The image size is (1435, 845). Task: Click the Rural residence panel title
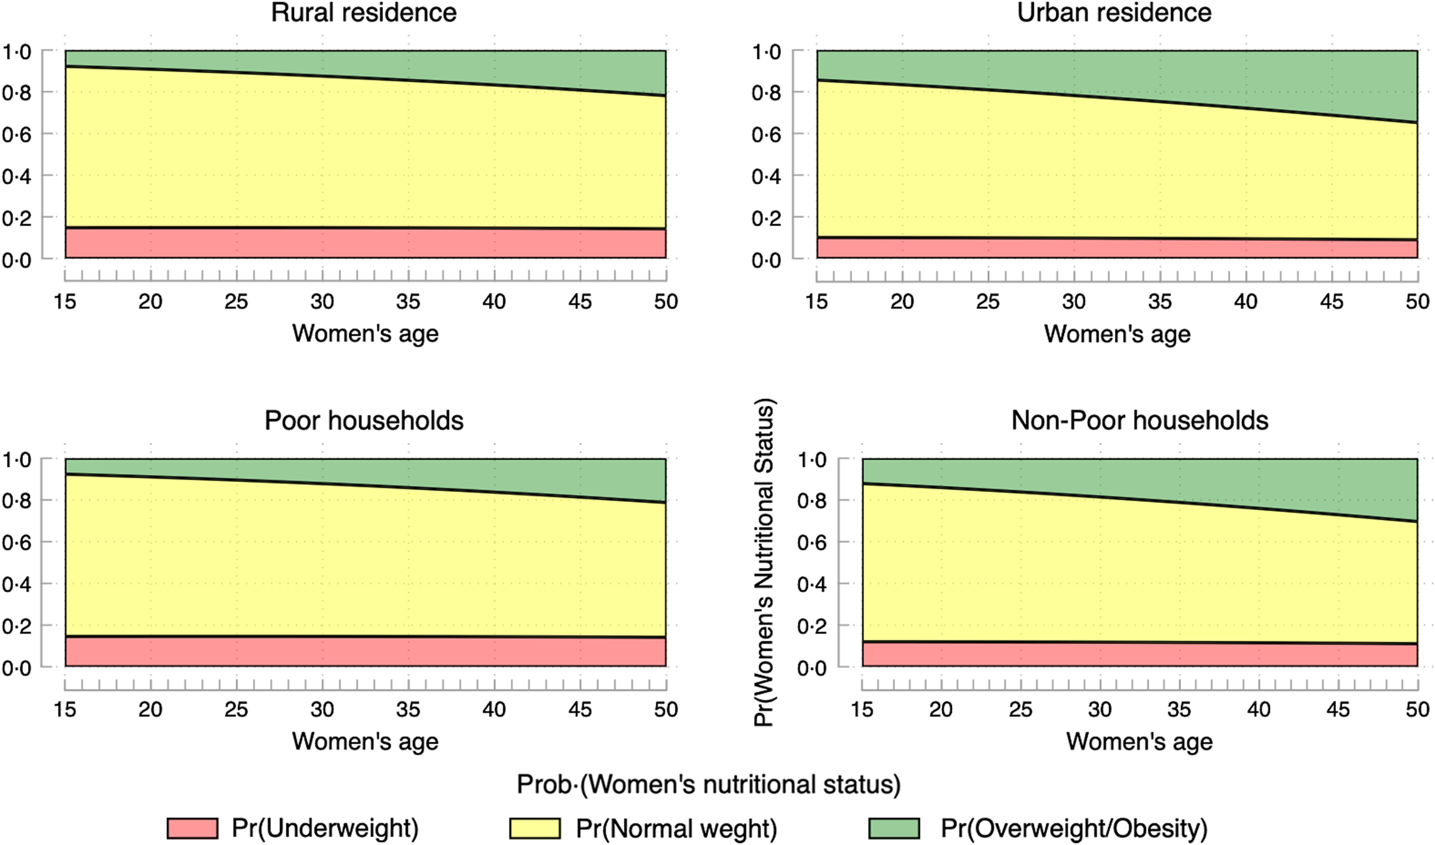(x=364, y=13)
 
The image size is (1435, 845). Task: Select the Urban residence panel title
(x=1114, y=13)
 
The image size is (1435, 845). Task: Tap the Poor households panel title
(x=364, y=421)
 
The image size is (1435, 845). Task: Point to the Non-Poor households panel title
(x=1139, y=421)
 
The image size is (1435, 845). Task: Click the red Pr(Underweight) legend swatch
(x=192, y=828)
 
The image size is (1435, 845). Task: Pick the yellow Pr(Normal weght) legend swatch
(x=534, y=828)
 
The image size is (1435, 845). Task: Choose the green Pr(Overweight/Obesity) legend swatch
(x=894, y=828)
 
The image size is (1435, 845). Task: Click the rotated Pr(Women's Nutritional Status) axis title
(x=764, y=562)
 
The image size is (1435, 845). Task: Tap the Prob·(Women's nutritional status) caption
(x=709, y=785)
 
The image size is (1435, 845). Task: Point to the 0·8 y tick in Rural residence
(x=17, y=93)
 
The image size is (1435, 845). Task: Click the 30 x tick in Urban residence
(x=1074, y=302)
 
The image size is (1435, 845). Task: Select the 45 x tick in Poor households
(x=580, y=710)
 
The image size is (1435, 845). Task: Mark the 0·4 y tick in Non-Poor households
(x=812, y=585)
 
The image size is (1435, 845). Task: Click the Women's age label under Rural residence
(x=366, y=334)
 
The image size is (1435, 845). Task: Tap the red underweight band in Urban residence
(x=1117, y=248)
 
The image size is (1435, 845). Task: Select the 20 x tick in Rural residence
(x=150, y=302)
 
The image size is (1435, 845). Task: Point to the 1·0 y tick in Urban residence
(x=766, y=52)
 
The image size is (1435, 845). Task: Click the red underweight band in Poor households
(x=366, y=652)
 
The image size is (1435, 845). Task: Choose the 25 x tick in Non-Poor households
(x=1020, y=710)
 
